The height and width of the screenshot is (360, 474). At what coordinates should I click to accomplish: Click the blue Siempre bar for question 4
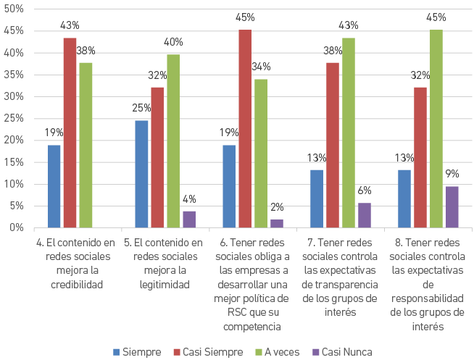click(54, 186)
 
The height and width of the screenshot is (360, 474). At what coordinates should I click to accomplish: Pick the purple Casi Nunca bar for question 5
click(189, 219)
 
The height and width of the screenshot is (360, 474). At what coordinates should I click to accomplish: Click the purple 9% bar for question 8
click(452, 206)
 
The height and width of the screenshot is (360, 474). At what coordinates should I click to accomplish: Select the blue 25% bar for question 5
click(141, 174)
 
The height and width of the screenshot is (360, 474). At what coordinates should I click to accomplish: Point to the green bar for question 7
click(349, 133)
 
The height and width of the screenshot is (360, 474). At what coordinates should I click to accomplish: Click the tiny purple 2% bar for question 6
click(277, 223)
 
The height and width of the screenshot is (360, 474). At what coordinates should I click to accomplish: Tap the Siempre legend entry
click(138, 352)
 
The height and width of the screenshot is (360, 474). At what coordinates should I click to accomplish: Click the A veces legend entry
click(278, 352)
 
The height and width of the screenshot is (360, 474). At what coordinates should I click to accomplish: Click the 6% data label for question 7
click(364, 191)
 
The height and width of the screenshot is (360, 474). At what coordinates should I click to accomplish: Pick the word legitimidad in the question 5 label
click(164, 285)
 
